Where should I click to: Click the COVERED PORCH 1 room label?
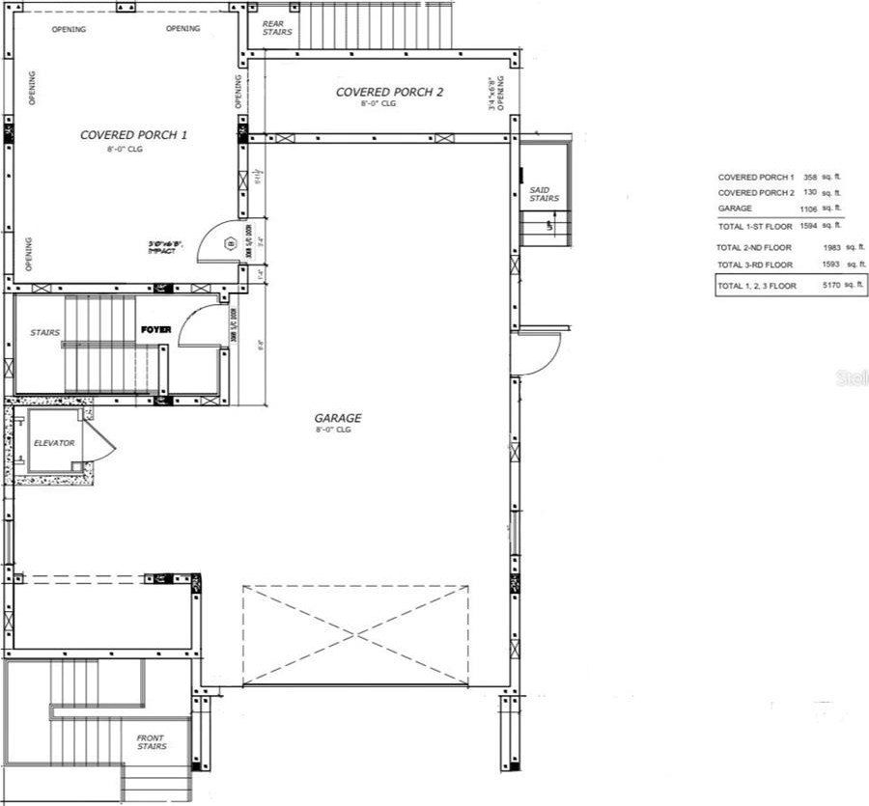click(133, 135)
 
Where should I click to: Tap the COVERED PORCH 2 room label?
click(389, 93)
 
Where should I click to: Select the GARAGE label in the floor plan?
click(338, 419)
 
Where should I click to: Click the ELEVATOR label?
click(54, 443)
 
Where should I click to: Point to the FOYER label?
click(155, 330)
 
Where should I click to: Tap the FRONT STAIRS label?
click(151, 741)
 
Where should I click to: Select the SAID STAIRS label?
click(544, 193)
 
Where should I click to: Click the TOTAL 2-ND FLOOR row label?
click(754, 247)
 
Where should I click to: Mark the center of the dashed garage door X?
click(355, 634)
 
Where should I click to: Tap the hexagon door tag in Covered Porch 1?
click(230, 244)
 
